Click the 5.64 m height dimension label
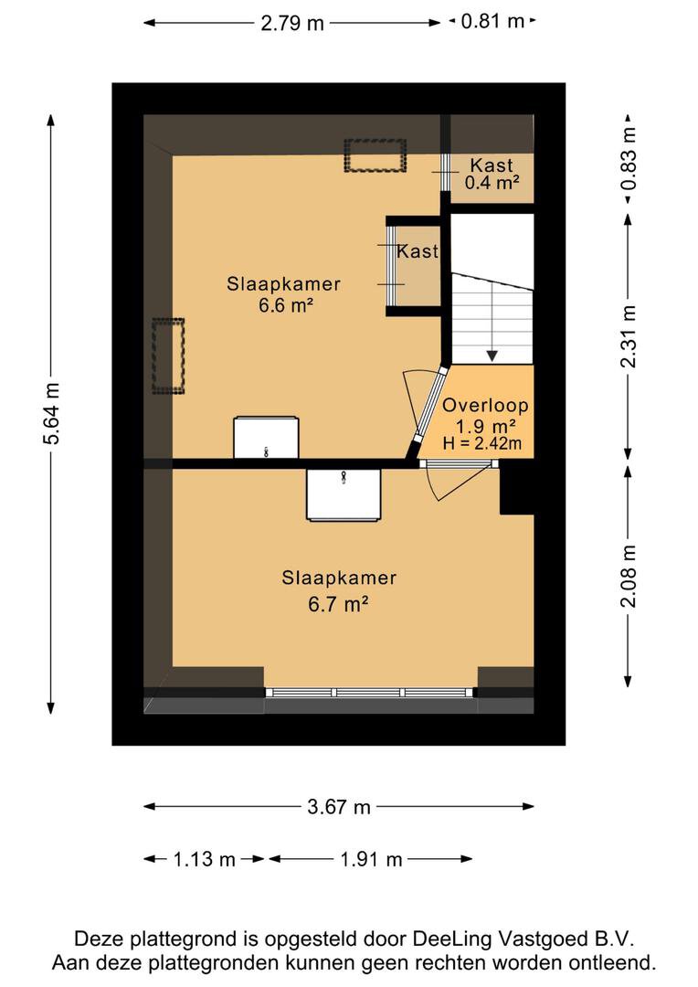[52, 414]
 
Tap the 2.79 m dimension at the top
[292, 23]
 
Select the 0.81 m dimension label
[492, 21]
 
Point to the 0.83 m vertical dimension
[629, 159]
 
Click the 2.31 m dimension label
[629, 336]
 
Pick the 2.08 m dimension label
[629, 576]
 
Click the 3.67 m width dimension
[339, 806]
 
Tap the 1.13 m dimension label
[204, 858]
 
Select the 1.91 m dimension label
[371, 858]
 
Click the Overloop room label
[485, 405]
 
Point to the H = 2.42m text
[482, 443]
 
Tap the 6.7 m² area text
[338, 604]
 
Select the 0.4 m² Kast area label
[492, 183]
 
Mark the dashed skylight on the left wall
[168, 356]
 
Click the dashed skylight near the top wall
[375, 155]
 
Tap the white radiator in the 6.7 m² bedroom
[344, 494]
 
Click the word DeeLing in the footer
[452, 939]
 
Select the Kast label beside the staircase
[418, 251]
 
